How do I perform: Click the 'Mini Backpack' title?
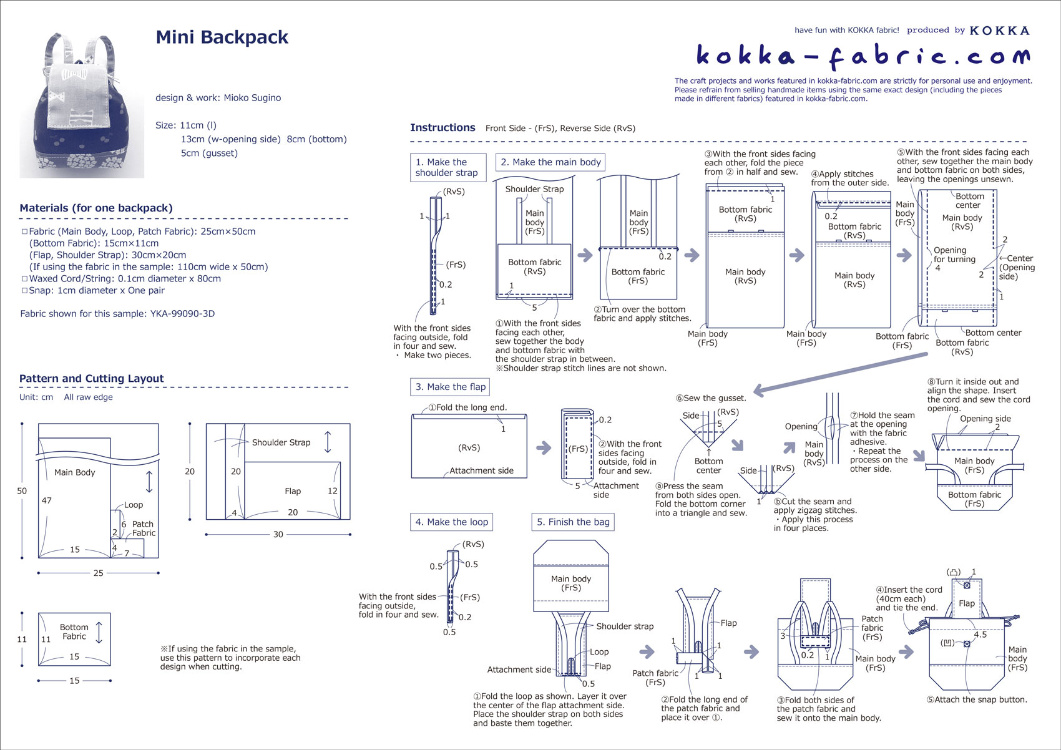point(222,37)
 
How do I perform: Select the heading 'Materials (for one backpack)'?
point(96,208)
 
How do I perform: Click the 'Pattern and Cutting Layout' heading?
point(91,379)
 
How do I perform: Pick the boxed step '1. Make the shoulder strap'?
point(447,167)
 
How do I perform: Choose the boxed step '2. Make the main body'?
point(550,162)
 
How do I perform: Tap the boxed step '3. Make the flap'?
point(450,387)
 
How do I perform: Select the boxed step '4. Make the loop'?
point(451,522)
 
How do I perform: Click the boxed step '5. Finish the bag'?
point(573,522)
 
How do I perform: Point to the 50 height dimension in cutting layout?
point(22,491)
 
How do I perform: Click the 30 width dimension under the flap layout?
point(278,535)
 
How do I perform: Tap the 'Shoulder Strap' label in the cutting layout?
point(281,442)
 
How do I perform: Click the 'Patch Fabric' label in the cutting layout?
point(144,528)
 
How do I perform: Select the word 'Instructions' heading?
point(442,128)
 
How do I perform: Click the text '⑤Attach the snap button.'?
point(977,699)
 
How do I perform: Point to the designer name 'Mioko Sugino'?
point(252,98)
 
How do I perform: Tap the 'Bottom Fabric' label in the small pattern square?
point(74,631)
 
